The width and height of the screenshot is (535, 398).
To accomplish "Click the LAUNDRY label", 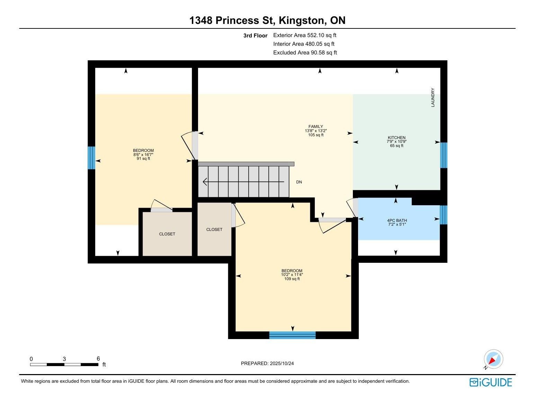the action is click(x=433, y=97).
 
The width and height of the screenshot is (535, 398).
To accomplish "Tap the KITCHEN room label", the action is click(x=396, y=137).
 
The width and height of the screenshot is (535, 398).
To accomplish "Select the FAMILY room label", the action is click(x=315, y=126).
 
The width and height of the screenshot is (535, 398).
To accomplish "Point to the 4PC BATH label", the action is click(x=397, y=220).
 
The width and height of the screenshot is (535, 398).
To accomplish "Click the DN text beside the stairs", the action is click(x=299, y=182).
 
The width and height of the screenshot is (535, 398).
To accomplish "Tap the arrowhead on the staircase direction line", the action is click(x=205, y=182).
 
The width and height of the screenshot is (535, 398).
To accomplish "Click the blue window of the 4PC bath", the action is click(x=443, y=215).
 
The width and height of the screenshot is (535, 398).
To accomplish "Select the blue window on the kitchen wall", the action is click(x=443, y=155).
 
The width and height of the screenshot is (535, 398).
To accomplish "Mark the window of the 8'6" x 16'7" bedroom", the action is click(x=91, y=158).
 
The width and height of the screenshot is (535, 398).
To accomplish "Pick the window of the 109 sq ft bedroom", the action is click(x=292, y=335).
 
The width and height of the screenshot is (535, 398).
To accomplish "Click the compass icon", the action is click(x=493, y=359).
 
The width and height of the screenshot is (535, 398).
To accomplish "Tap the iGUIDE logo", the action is click(x=491, y=382).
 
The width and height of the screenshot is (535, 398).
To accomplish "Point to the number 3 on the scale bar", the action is click(x=64, y=359).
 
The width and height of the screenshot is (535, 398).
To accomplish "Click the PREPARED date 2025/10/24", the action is click(x=282, y=363).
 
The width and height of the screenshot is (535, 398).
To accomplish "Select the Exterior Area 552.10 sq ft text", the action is click(x=305, y=35).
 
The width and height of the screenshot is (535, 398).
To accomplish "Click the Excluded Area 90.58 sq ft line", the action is click(x=305, y=53).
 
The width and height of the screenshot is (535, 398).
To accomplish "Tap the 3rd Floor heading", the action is click(x=255, y=36).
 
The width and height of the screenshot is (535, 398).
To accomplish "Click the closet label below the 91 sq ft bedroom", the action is click(x=167, y=234).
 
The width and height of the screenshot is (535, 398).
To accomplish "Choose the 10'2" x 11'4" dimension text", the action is click(x=292, y=275).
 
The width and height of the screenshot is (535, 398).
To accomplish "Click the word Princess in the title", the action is click(x=237, y=20).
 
